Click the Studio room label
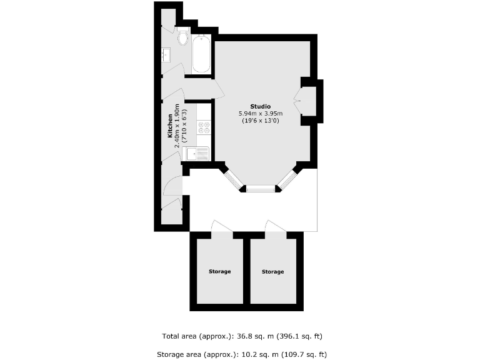pos(261,105)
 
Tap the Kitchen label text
pos(170,126)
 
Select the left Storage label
pos(219,271)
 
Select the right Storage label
pos(272,271)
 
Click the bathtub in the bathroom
pos(201,54)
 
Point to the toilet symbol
pos(182,38)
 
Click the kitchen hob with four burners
pos(204,127)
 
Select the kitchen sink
pos(199,153)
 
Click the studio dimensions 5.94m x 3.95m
pos(261,113)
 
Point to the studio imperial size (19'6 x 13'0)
pos(261,121)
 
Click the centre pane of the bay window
pos(260,187)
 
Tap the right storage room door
pos(276,226)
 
